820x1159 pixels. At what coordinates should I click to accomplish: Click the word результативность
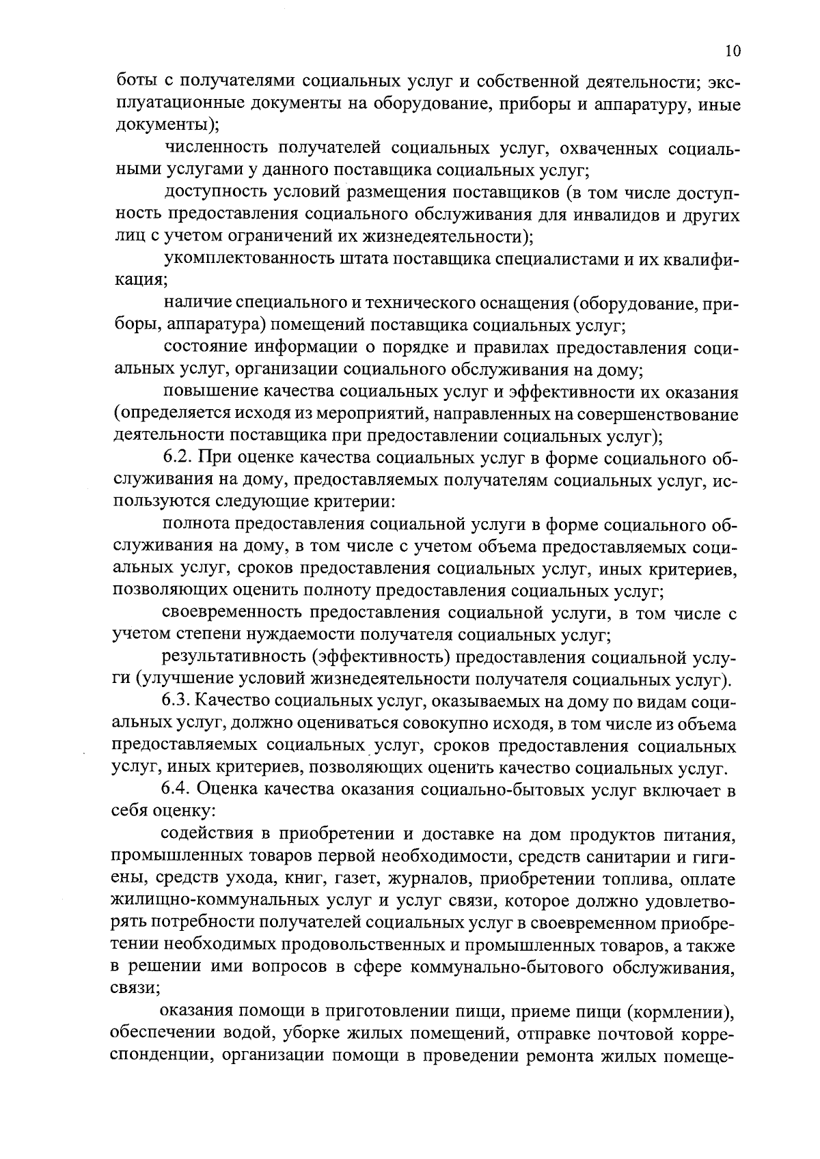(x=233, y=658)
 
